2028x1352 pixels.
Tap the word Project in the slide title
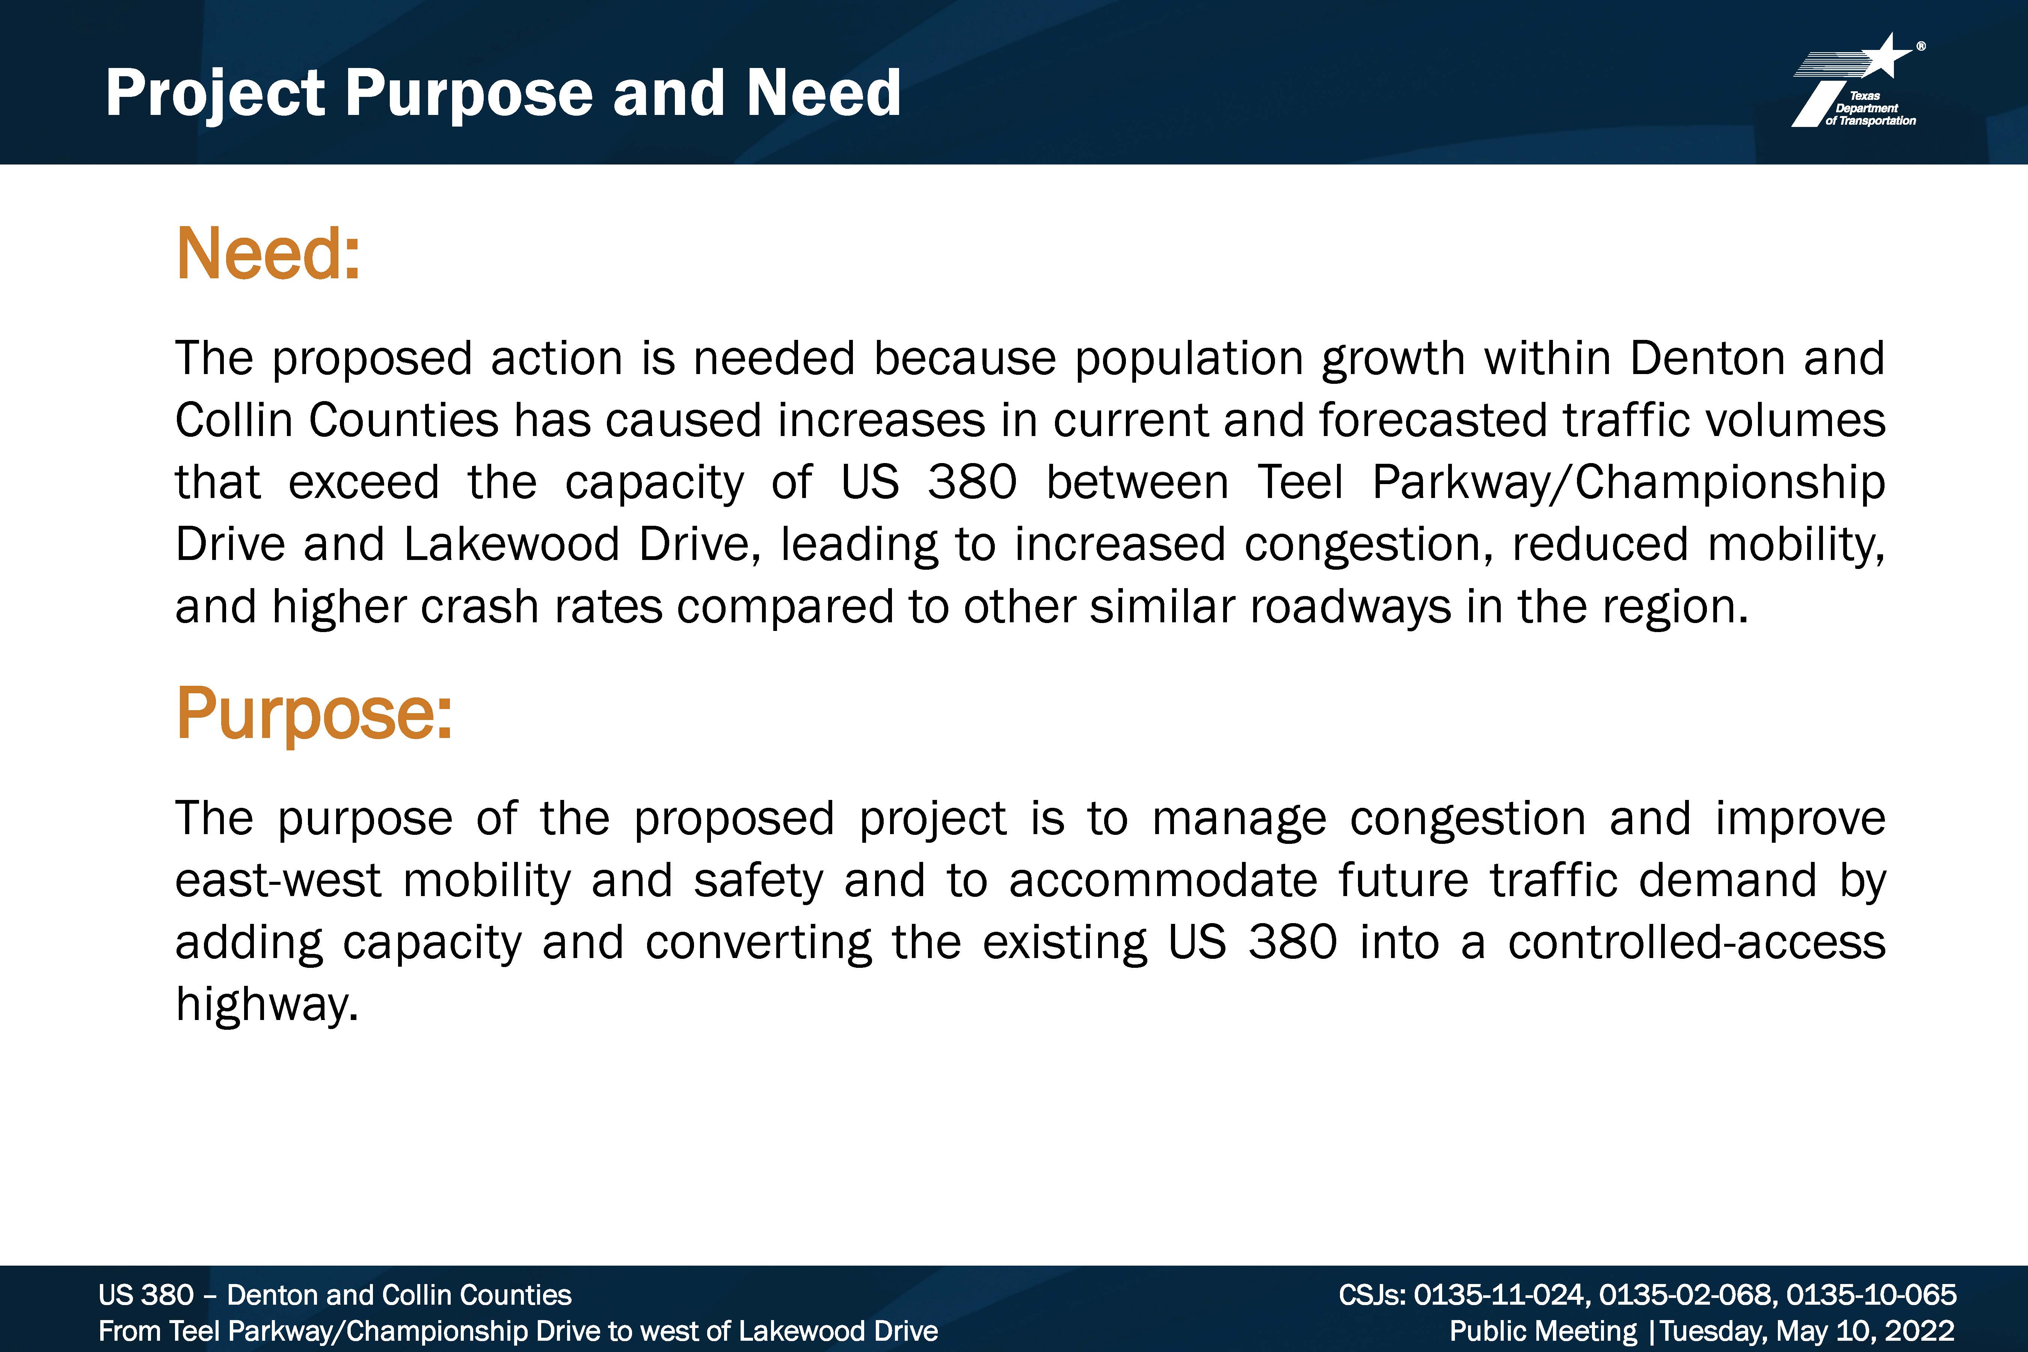point(216,94)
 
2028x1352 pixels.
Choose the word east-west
point(278,881)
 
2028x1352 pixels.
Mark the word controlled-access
point(1697,942)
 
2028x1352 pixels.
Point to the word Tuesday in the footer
point(1713,1331)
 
